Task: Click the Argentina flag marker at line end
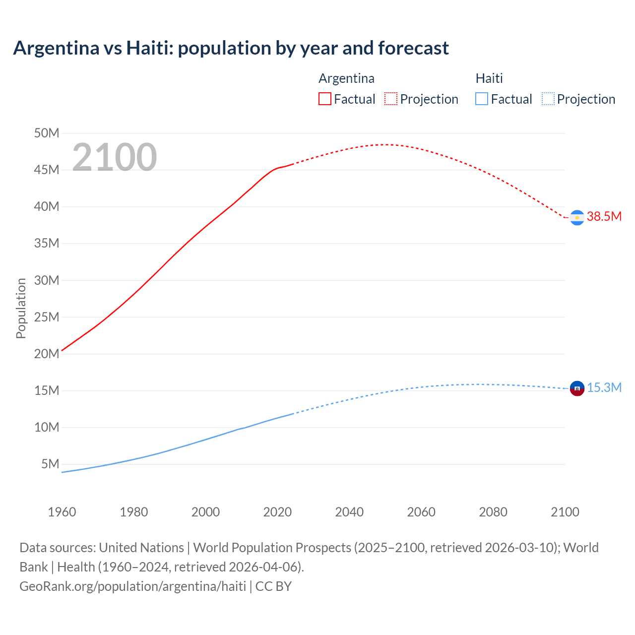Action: (x=577, y=218)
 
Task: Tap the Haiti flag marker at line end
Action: (x=577, y=388)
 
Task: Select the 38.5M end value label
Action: (x=604, y=216)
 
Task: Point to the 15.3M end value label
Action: (x=604, y=387)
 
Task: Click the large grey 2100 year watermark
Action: (x=115, y=157)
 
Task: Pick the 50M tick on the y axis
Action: (x=47, y=133)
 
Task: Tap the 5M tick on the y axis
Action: (x=50, y=464)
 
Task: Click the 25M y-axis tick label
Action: (x=47, y=317)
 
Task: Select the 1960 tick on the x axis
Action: (x=62, y=512)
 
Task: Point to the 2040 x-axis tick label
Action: (x=349, y=512)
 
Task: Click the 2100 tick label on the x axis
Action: (x=565, y=512)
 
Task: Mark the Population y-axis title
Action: (x=21, y=308)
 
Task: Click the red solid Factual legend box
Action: (x=325, y=99)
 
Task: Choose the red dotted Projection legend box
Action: (x=391, y=99)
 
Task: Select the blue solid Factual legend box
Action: (x=482, y=99)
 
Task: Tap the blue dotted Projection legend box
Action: (x=548, y=99)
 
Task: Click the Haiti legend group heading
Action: (x=489, y=78)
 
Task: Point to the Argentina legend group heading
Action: (x=346, y=78)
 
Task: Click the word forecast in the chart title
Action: (x=413, y=48)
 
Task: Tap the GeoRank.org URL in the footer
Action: (x=132, y=586)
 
